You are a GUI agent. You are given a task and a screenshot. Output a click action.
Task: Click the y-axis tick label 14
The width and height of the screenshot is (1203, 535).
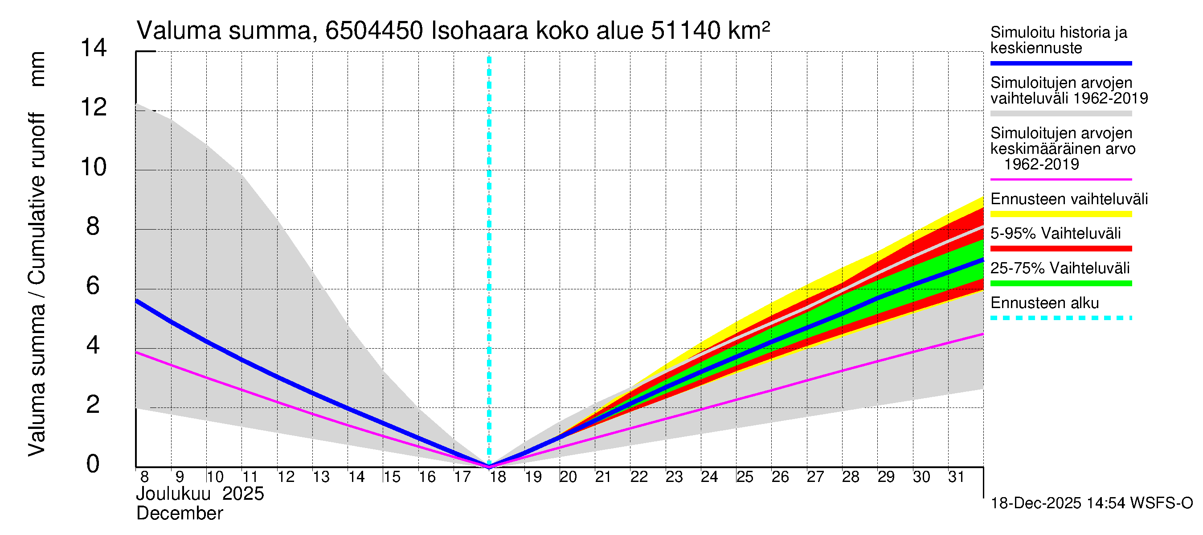point(94,48)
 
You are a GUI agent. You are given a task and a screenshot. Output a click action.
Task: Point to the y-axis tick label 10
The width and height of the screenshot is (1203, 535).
point(94,167)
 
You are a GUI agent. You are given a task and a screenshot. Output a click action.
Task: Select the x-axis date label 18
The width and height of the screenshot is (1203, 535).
point(498,477)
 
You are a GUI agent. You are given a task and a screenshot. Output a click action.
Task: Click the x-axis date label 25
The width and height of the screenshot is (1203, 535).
point(745,477)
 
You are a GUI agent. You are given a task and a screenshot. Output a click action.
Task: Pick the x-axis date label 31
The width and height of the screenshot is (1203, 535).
point(957,477)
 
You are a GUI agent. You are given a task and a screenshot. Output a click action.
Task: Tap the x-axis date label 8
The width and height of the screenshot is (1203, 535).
point(144,477)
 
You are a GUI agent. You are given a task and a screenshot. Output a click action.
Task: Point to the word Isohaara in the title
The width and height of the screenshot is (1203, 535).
point(479,31)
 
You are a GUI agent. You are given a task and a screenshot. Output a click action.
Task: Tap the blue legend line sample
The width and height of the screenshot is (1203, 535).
point(1060,63)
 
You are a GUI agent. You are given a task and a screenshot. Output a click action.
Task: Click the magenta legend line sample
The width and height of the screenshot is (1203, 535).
point(1060,179)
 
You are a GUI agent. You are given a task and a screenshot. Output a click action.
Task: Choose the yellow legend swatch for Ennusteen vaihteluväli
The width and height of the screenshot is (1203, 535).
point(1060,214)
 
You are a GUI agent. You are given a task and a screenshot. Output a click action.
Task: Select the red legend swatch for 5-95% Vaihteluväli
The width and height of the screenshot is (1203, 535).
point(1060,249)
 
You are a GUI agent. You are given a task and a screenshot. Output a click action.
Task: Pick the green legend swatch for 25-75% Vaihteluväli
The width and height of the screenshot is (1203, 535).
point(1060,283)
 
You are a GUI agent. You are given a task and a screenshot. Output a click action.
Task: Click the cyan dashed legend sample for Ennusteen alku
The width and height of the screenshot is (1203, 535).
point(1060,318)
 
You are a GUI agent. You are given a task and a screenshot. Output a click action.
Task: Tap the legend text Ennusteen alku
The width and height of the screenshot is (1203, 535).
point(1045,303)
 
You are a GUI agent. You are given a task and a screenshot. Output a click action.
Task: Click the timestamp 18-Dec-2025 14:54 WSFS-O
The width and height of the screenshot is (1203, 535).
point(1091,503)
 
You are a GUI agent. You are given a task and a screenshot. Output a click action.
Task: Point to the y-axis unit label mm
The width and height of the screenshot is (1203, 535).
point(37,69)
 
